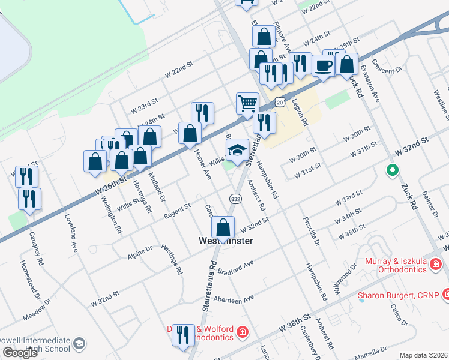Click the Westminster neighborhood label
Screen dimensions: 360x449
pyautogui.click(x=226, y=241)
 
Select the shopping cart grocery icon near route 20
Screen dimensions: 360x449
pyautogui.click(x=247, y=103)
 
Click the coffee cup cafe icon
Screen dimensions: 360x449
pyautogui.click(x=323, y=65)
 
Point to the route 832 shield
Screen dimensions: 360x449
pyautogui.click(x=235, y=199)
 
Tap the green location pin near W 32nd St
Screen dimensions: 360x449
pyautogui.click(x=392, y=170)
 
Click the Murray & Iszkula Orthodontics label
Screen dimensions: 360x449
pyautogui.click(x=402, y=265)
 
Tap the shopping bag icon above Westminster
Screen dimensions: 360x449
pyautogui.click(x=223, y=227)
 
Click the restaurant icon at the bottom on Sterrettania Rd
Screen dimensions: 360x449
pyautogui.click(x=183, y=335)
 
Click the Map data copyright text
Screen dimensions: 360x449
pyautogui.click(x=423, y=355)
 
